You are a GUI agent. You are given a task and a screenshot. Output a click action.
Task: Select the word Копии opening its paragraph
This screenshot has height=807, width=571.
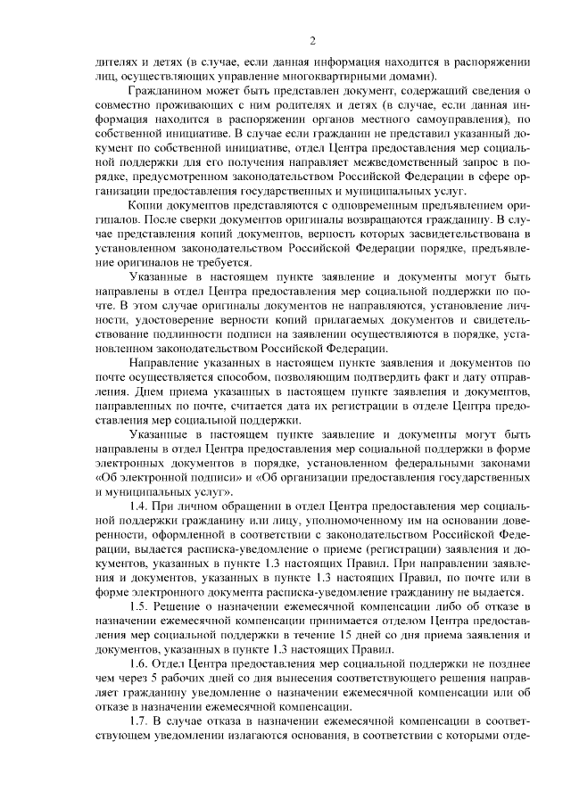tap(145, 206)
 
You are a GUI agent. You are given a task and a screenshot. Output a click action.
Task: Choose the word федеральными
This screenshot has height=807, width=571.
tap(455, 463)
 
